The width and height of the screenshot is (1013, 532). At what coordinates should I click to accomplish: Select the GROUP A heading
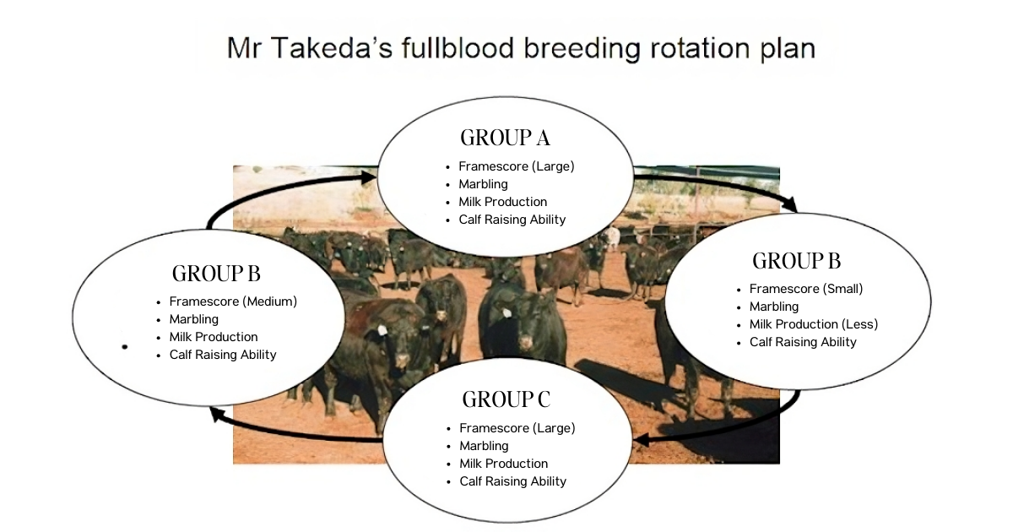[x=505, y=138]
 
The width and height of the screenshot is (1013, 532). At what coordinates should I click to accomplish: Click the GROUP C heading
[x=506, y=399]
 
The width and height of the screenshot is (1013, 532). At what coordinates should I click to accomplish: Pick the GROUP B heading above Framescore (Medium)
[x=215, y=274]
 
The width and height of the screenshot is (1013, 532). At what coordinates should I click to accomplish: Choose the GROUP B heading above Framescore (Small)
[x=796, y=261]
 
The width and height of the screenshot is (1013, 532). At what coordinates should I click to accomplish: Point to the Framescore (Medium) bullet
[x=233, y=301]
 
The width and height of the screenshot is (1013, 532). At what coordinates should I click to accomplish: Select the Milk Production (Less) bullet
[x=813, y=324]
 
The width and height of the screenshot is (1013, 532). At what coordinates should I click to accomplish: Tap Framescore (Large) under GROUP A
[x=516, y=166]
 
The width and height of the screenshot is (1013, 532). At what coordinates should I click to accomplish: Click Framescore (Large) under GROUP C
[x=517, y=428]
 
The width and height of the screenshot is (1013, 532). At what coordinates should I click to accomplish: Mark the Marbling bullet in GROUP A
[x=483, y=184]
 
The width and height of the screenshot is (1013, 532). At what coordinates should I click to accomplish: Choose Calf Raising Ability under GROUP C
[x=512, y=481]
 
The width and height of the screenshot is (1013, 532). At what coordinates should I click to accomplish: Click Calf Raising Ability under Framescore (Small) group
[x=803, y=342]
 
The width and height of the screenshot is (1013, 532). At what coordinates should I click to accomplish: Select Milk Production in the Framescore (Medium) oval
[x=213, y=337]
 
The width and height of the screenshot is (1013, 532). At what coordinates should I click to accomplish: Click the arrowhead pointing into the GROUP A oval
[x=368, y=177]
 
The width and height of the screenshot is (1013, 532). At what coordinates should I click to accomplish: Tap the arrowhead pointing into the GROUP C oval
[x=642, y=440]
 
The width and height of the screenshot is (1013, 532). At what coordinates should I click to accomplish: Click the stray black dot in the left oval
[x=125, y=346]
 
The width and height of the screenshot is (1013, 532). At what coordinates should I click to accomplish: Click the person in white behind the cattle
[x=613, y=238]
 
